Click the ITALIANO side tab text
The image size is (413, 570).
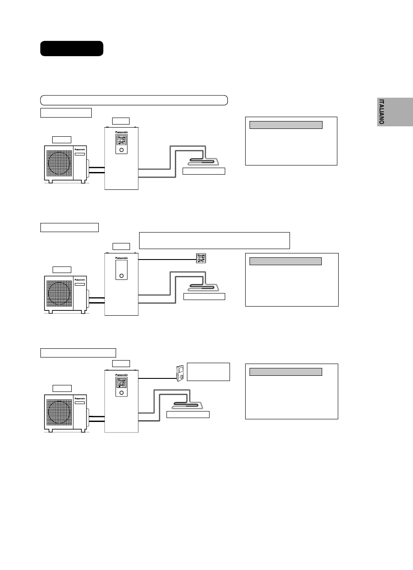point(381,112)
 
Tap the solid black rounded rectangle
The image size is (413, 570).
point(72,48)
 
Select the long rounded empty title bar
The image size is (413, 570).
point(134,100)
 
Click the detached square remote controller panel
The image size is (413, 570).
point(201,258)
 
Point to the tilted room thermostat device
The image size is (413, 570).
point(180,373)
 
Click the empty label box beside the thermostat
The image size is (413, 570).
point(208,372)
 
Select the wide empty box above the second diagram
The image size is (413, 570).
point(214,240)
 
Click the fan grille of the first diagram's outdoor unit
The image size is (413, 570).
point(59,163)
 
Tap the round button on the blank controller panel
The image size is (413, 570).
point(121,276)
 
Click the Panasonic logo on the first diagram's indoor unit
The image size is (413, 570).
point(121,132)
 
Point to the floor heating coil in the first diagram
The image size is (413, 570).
point(203,162)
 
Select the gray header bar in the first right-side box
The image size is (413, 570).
point(286,125)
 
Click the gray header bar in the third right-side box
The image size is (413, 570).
point(286,372)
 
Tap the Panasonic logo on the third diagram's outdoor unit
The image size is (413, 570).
point(80,398)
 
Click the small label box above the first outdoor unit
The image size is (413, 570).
point(62,140)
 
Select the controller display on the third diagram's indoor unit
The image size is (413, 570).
point(121,383)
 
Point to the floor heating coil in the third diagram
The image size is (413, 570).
point(187,405)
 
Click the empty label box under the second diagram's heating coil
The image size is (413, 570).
point(204,297)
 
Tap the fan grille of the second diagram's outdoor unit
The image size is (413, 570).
point(59,293)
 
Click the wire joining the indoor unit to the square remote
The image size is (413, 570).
point(167,260)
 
